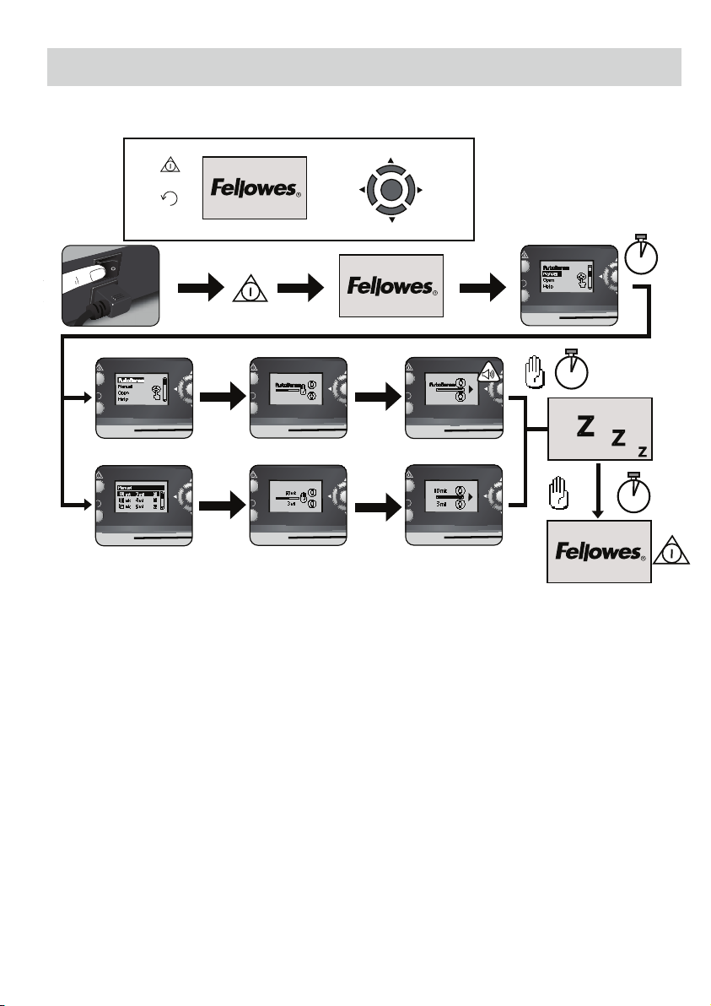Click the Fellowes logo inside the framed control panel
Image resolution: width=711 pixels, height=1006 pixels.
pos(254,187)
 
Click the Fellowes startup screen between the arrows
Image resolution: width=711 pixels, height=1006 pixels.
pos(391,286)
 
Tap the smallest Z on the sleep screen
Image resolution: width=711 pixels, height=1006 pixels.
pos(643,452)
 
